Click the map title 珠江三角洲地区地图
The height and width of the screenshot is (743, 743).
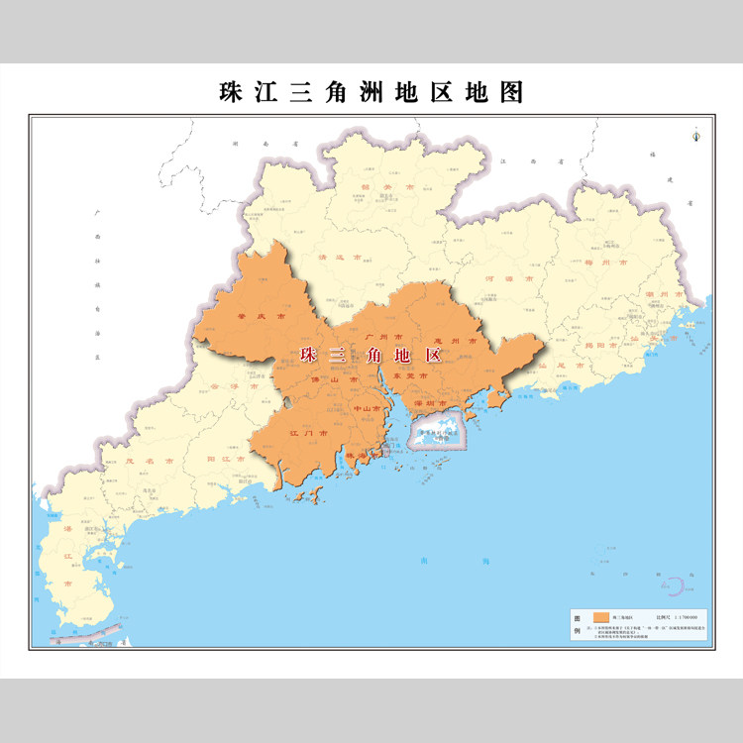coord(371,93)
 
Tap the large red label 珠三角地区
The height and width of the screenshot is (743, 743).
coord(370,354)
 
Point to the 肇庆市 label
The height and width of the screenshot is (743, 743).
coord(261,317)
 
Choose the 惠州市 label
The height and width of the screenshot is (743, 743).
coord(457,340)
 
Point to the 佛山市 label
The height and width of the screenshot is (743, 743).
coord(331,379)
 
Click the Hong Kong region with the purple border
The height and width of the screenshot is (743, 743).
coord(436,436)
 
